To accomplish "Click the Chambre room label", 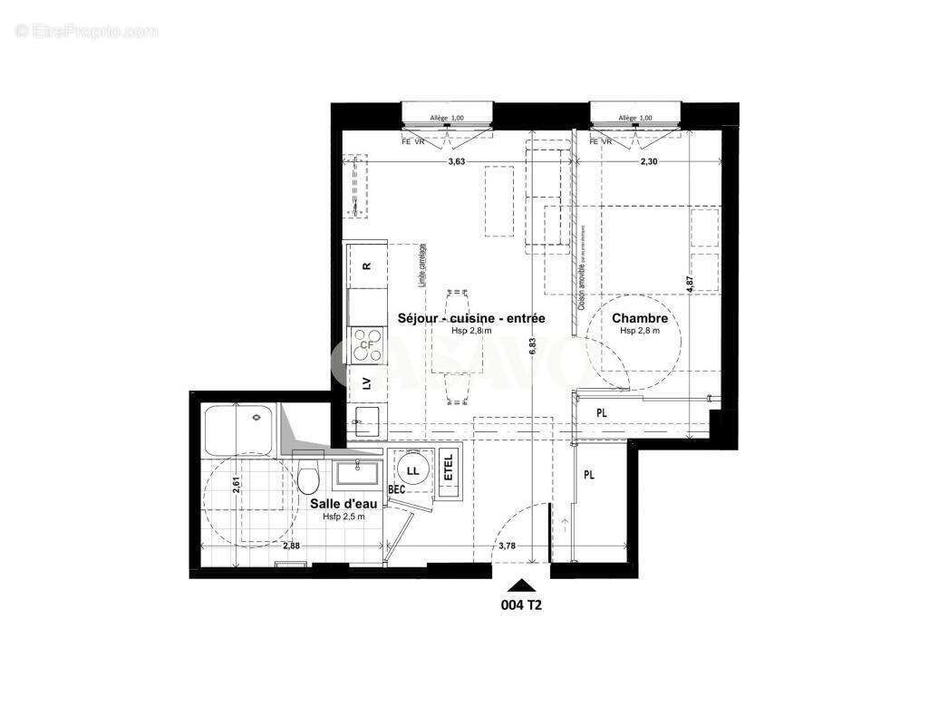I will point(639,318).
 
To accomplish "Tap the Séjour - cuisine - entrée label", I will point(471,318).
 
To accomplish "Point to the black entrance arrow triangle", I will point(521,585).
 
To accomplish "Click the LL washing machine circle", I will point(413,470).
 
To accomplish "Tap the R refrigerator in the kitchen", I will point(366,266).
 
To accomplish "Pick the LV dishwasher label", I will point(366,382).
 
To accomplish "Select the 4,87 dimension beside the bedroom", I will point(689,281).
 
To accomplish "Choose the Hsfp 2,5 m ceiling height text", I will point(344,517).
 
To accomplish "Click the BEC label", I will point(396,489).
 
